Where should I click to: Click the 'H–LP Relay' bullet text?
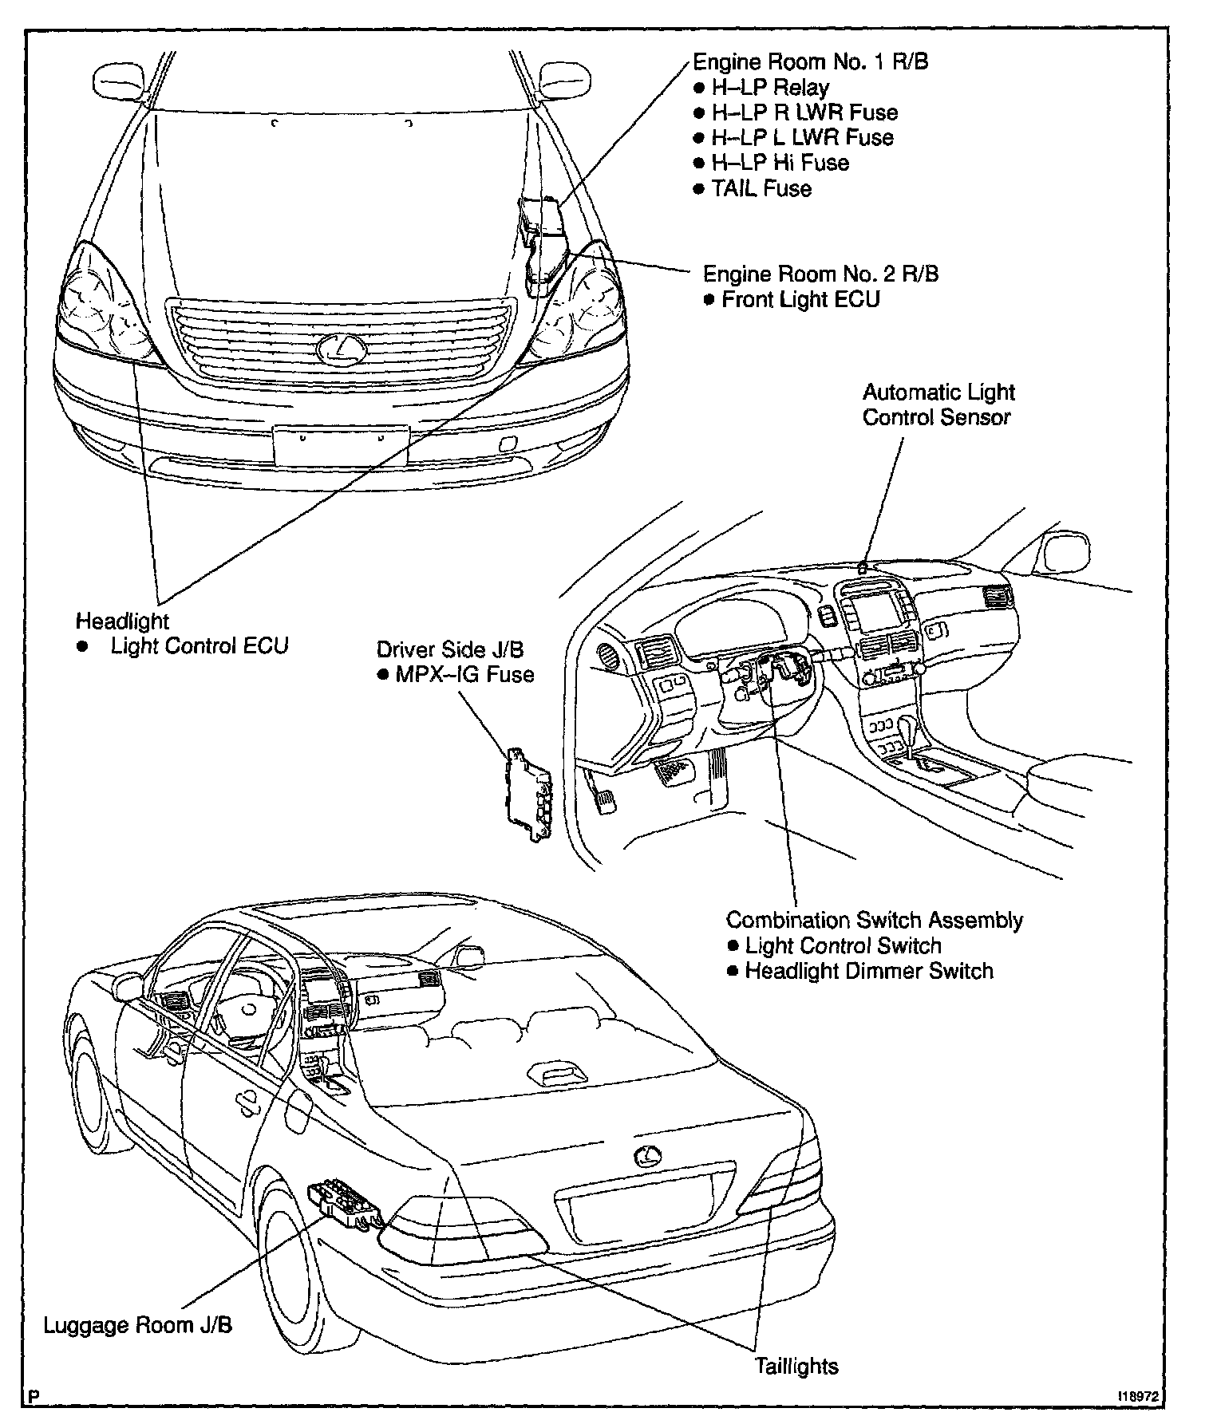[x=769, y=87]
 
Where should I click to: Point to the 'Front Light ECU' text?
[x=800, y=300]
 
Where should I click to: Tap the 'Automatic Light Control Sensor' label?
[x=938, y=404]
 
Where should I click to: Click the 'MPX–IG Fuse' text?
[x=464, y=675]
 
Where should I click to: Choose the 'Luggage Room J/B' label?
[x=137, y=1325]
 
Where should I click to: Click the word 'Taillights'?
[x=797, y=1366]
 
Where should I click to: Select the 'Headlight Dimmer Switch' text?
[x=868, y=971]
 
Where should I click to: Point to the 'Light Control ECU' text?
[x=199, y=646]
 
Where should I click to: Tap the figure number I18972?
[x=1138, y=1397]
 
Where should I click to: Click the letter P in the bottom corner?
[x=34, y=1397]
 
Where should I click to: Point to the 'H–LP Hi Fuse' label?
[x=780, y=164]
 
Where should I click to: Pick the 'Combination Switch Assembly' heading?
[x=874, y=920]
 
